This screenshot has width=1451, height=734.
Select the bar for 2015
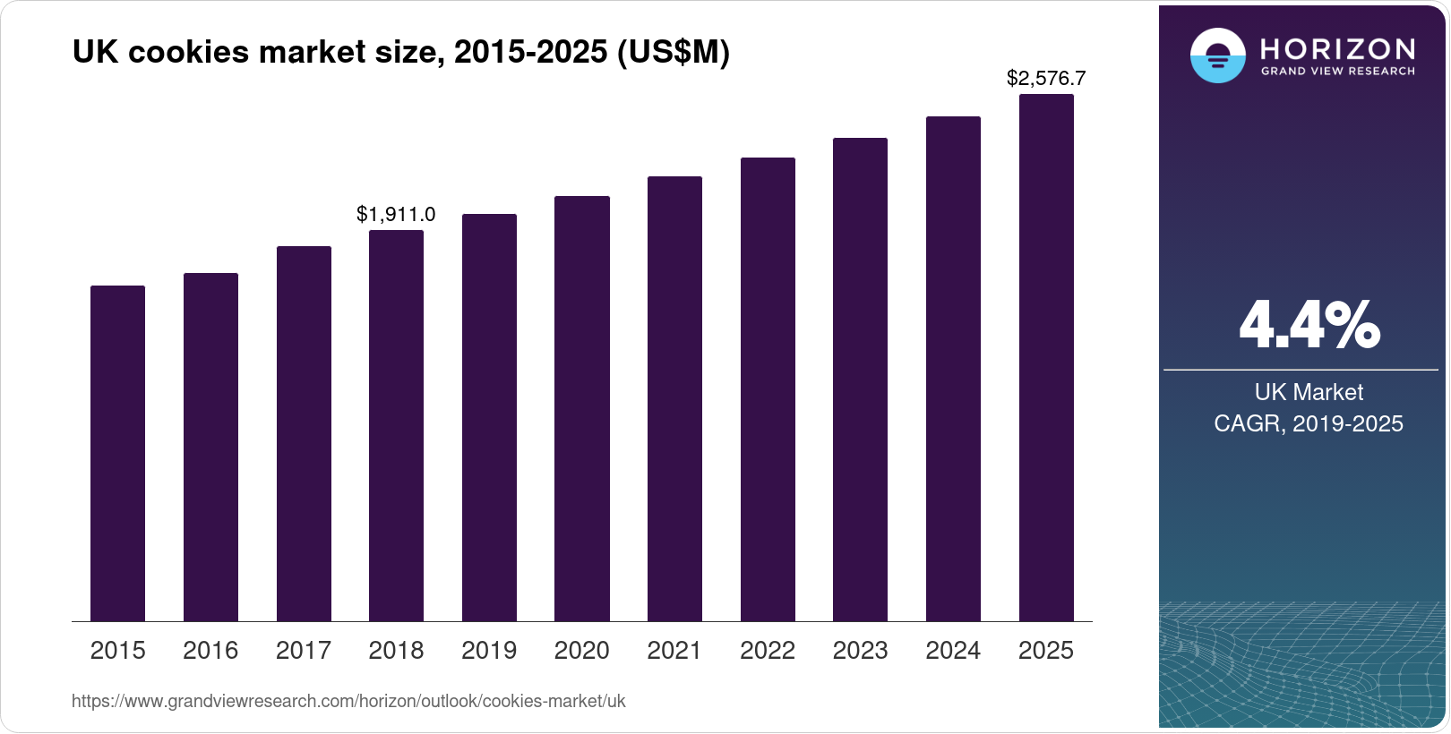pyautogui.click(x=117, y=453)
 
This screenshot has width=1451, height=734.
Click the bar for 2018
pyautogui.click(x=396, y=425)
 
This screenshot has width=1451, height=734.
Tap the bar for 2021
pyautogui.click(x=674, y=398)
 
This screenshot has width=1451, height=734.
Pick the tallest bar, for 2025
pyautogui.click(x=1046, y=358)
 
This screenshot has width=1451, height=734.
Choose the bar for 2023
pyautogui.click(x=860, y=380)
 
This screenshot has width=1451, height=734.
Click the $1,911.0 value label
pyautogui.click(x=396, y=214)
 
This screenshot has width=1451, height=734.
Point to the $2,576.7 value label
pyautogui.click(x=1046, y=78)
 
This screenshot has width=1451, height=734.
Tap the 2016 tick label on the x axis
pyautogui.click(x=210, y=650)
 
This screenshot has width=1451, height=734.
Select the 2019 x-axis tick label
pyautogui.click(x=489, y=650)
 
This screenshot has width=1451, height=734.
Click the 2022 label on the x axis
pyautogui.click(x=768, y=650)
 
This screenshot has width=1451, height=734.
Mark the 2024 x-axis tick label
pyautogui.click(x=953, y=650)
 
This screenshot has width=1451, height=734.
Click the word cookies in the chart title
pyautogui.click(x=189, y=52)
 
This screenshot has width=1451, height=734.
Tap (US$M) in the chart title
pyautogui.click(x=673, y=52)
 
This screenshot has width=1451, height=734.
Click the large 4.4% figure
pyautogui.click(x=1309, y=325)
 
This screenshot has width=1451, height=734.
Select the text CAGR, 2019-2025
pyautogui.click(x=1309, y=423)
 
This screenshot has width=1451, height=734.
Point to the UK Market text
pyautogui.click(x=1309, y=392)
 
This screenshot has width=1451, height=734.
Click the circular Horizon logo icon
pyautogui.click(x=1217, y=55)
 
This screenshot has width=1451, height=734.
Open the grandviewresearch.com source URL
pyautogui.click(x=348, y=701)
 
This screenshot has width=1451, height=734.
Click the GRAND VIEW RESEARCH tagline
pyautogui.click(x=1337, y=72)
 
